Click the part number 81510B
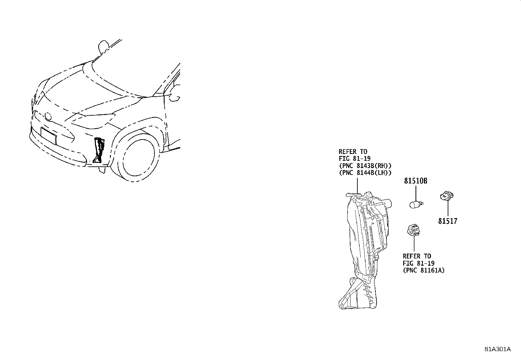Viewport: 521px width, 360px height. pos(416,181)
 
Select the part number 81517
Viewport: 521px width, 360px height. pos(448,221)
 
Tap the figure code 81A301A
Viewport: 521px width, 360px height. pos(498,349)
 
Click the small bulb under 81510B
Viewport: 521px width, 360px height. pos(416,204)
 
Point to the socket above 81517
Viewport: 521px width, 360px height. pos(447,196)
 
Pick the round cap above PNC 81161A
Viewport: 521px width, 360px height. pos(414,230)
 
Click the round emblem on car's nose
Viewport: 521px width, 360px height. pos(48,116)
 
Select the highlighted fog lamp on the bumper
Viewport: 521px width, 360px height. pos(99,150)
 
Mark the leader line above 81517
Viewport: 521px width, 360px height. pos(448,208)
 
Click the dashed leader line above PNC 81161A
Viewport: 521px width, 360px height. pos(414,244)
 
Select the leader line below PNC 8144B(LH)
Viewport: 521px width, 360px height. pos(357,186)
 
